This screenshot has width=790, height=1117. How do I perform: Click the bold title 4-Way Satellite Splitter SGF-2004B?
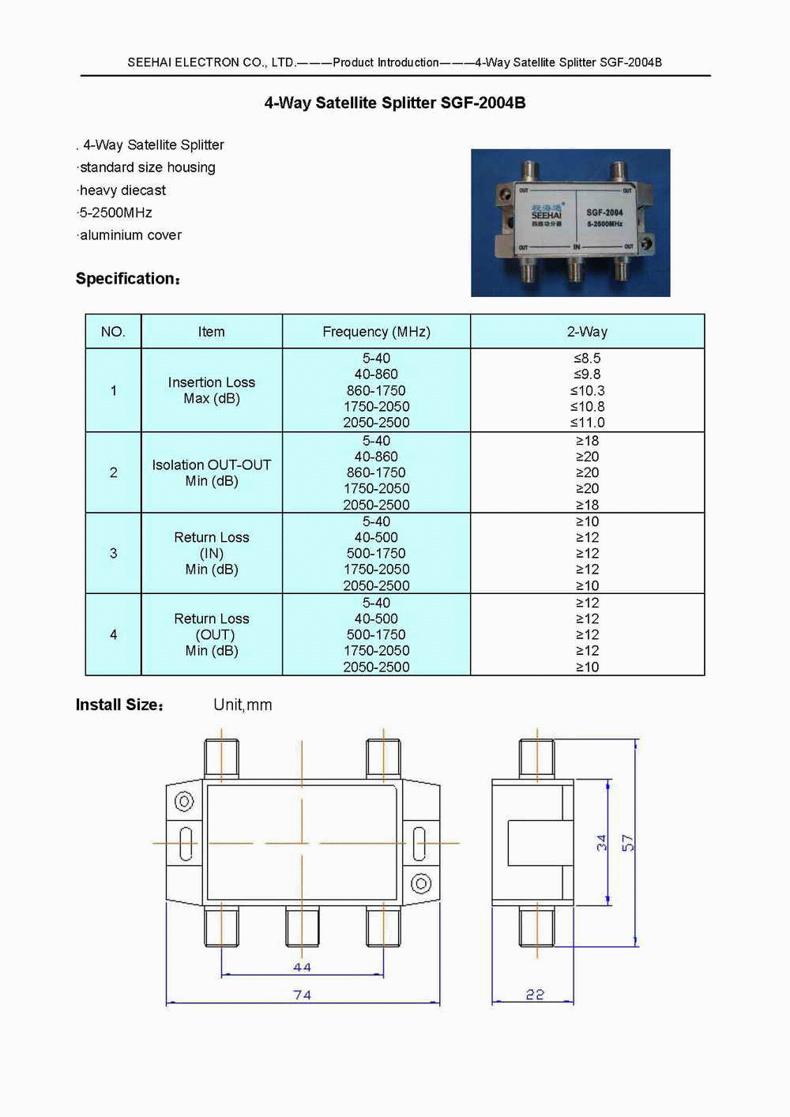[394, 103]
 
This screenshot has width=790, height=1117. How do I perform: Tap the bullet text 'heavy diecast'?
[122, 190]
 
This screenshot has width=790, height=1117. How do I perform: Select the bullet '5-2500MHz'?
[115, 212]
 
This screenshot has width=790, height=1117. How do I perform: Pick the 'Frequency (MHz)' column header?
[376, 332]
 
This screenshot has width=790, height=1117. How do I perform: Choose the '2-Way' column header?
[587, 332]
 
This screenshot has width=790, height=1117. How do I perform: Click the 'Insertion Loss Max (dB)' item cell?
[211, 390]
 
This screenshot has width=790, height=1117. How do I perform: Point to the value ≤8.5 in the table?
[587, 359]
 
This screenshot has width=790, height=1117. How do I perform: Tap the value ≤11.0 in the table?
[587, 423]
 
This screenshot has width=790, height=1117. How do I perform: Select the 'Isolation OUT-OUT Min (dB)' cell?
[211, 472]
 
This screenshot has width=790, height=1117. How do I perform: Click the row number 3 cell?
[113, 553]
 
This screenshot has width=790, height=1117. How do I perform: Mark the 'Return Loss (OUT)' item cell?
[211, 634]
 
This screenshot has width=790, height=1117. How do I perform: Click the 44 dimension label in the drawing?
[302, 967]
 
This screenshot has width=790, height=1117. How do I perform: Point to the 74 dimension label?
[302, 995]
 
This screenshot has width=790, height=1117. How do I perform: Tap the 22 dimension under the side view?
[535, 995]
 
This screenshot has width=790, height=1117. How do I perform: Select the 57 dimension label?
[627, 843]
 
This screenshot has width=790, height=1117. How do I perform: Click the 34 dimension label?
[602, 843]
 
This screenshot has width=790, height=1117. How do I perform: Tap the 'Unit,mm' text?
[243, 705]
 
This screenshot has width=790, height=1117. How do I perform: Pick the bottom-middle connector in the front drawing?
[302, 926]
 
